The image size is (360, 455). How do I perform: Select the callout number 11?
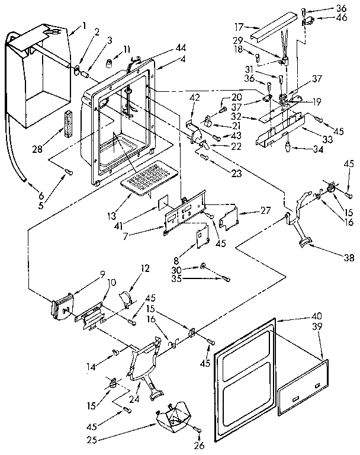pyautogui.click(x=126, y=49)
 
